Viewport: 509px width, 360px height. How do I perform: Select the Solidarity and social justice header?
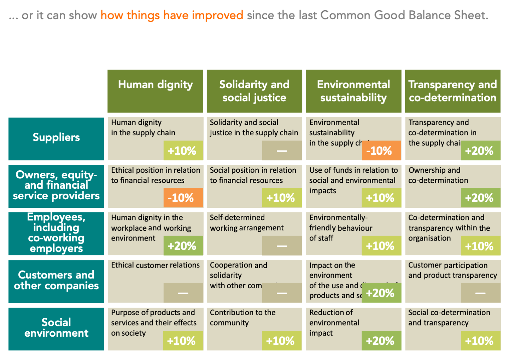(254, 91)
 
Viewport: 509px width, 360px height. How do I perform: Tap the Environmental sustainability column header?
(353, 91)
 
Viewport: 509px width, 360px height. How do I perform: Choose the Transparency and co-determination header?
(452, 91)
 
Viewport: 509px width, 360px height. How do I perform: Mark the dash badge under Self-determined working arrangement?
(282, 246)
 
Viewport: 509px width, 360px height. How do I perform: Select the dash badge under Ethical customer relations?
(183, 293)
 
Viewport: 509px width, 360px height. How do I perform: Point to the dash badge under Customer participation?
(480, 293)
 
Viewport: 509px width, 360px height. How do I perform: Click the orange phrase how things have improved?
(172, 15)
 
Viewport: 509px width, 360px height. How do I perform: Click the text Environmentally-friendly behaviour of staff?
(340, 228)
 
